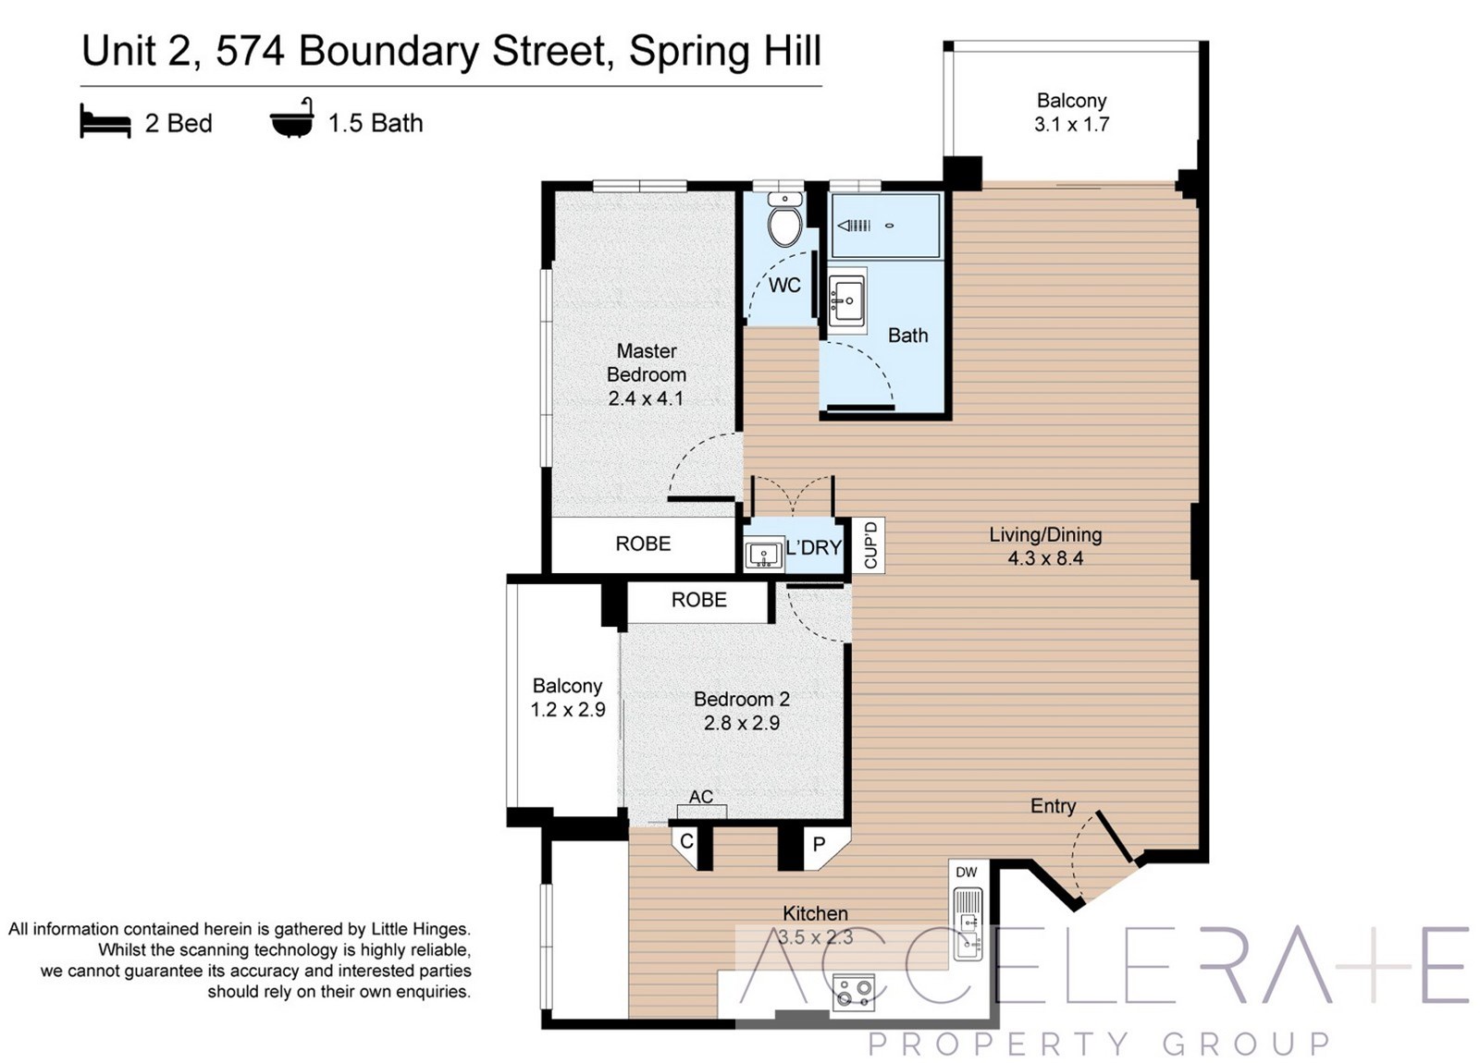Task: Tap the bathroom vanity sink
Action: [x=846, y=301]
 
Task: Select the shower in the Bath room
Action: [x=884, y=226]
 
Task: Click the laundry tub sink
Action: [x=764, y=554]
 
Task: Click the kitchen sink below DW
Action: [x=968, y=923]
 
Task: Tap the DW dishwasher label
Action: [x=966, y=873]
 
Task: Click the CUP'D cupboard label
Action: [x=870, y=544]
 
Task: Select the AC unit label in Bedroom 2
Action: [x=701, y=797]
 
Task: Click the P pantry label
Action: [x=820, y=844]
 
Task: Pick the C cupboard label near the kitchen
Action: [x=686, y=841]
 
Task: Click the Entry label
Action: [x=1054, y=806]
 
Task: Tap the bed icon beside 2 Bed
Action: [x=105, y=121]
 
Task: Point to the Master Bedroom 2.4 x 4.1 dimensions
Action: [x=646, y=398]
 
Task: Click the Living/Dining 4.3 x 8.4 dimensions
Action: [x=1045, y=558]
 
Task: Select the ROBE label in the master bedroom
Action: [x=643, y=544]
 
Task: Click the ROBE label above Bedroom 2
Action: [x=699, y=600]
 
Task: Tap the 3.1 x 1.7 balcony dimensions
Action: [x=1072, y=124]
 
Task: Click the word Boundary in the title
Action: [x=388, y=52]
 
